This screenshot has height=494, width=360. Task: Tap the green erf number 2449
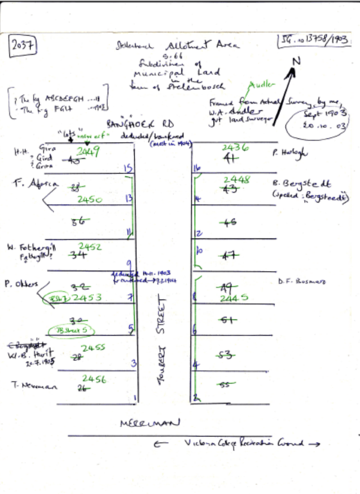88,152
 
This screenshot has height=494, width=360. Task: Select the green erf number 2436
235,148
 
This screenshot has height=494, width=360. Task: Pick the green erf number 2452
90,247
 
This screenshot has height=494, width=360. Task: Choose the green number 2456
94,379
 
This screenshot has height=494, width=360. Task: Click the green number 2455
93,347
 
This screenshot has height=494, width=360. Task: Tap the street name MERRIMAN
150,423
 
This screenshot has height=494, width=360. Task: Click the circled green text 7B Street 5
70,330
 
